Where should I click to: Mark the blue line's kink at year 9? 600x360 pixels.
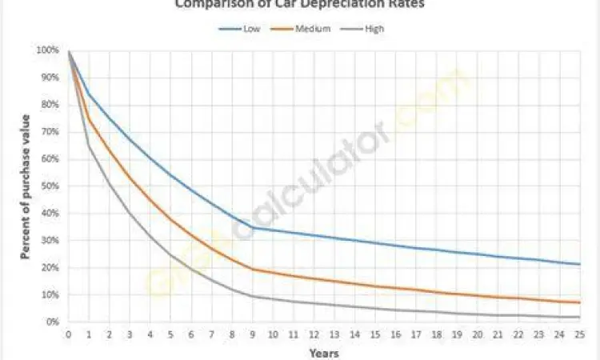click(253, 228)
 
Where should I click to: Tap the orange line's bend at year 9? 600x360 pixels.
click(253, 269)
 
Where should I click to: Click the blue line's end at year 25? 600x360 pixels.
click(579, 264)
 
